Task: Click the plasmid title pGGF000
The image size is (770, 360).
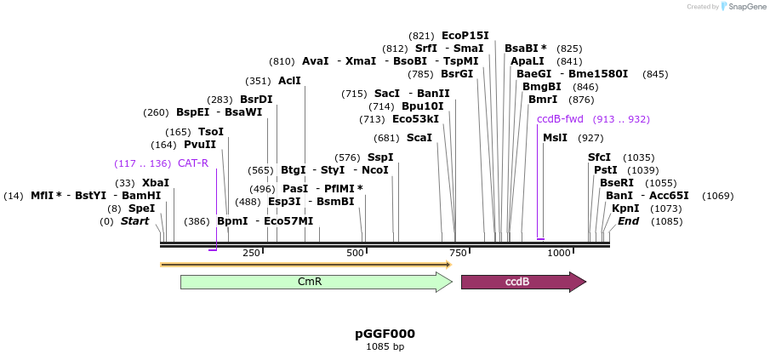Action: [385, 334]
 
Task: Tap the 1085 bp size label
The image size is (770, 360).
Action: [385, 347]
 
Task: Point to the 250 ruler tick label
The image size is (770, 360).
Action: [251, 254]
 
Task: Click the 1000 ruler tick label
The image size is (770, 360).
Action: [558, 254]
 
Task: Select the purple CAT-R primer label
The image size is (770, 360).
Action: [193, 163]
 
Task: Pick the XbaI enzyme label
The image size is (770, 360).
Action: [156, 183]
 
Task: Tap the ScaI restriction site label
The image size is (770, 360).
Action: [419, 138]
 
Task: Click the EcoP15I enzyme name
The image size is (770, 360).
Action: [465, 36]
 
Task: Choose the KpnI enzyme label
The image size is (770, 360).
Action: [625, 209]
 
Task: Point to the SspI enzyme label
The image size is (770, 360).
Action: [380, 157]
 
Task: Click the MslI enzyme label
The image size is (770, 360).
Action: [555, 138]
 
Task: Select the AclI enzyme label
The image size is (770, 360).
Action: [289, 81]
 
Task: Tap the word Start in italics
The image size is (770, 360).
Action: [134, 221]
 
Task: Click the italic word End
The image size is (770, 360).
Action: [628, 221]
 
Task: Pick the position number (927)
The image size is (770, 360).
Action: [590, 138]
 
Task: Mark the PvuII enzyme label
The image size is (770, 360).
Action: [200, 145]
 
